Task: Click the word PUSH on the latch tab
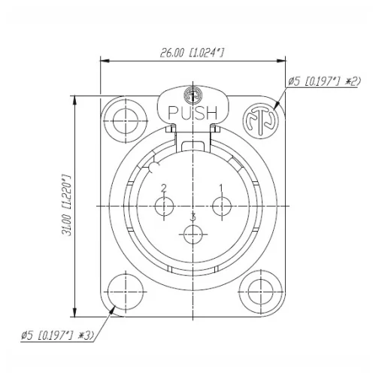[x=193, y=113]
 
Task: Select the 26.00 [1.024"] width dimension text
[x=192, y=53]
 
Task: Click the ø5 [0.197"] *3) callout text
[x=58, y=336]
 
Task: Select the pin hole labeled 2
[x=164, y=205]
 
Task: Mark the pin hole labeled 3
[x=193, y=235]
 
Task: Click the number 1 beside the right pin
[x=220, y=187]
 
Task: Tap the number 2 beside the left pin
[x=163, y=187]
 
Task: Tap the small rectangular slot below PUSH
[x=193, y=145]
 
